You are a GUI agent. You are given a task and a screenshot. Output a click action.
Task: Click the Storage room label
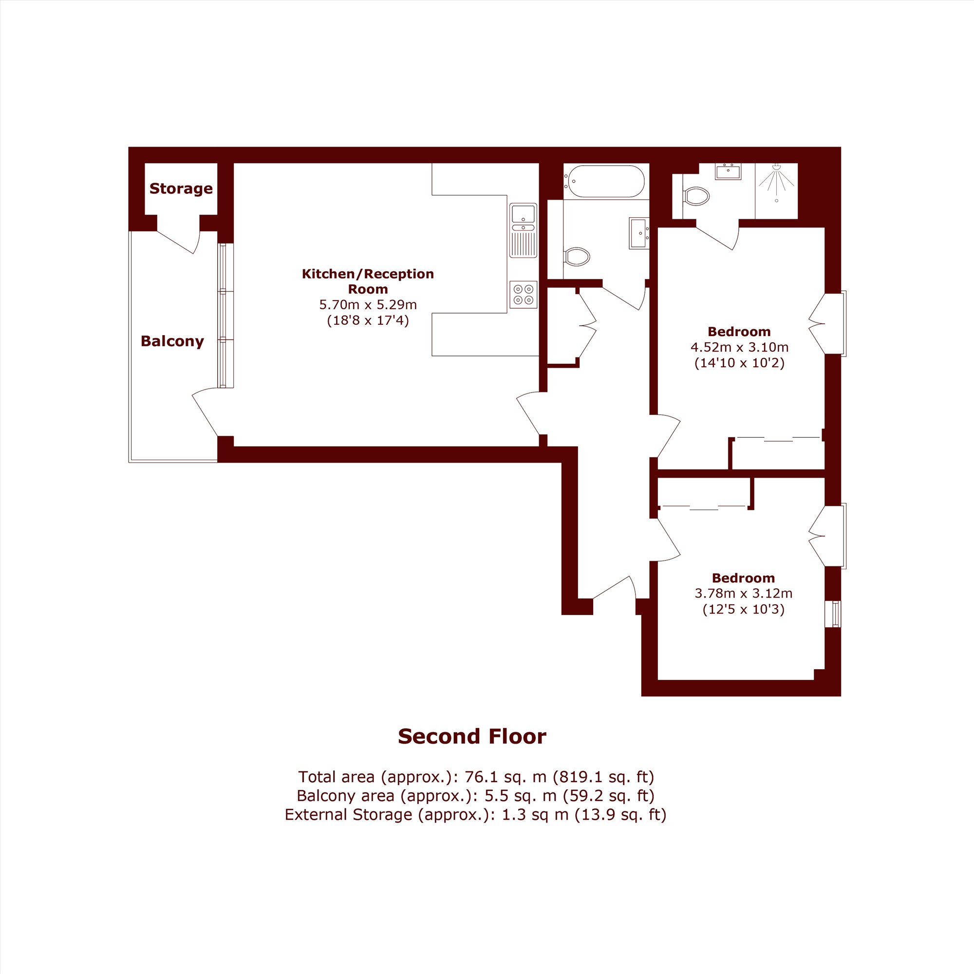(x=181, y=188)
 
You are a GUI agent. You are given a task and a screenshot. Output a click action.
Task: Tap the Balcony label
(x=172, y=341)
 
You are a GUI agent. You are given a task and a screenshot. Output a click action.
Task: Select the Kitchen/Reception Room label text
(x=368, y=281)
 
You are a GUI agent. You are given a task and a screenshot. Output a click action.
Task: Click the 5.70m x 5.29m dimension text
(x=368, y=304)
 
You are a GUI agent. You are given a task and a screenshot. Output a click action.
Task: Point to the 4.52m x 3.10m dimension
(x=739, y=347)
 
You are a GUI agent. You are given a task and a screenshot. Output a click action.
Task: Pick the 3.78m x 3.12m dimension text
(x=743, y=593)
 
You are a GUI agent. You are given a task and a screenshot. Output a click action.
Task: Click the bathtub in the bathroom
(x=604, y=182)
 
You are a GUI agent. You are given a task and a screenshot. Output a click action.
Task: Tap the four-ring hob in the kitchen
(x=524, y=295)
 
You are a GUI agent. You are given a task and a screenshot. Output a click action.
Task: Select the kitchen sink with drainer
(x=524, y=230)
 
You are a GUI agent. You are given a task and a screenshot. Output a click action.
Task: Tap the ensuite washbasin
(x=728, y=171)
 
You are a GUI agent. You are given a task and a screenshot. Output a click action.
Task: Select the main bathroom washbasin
(x=639, y=233)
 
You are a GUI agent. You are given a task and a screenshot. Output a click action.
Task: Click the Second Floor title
(x=472, y=736)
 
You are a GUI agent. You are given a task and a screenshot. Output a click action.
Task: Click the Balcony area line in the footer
(x=475, y=796)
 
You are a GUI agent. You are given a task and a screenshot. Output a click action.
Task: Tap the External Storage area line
(x=475, y=815)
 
